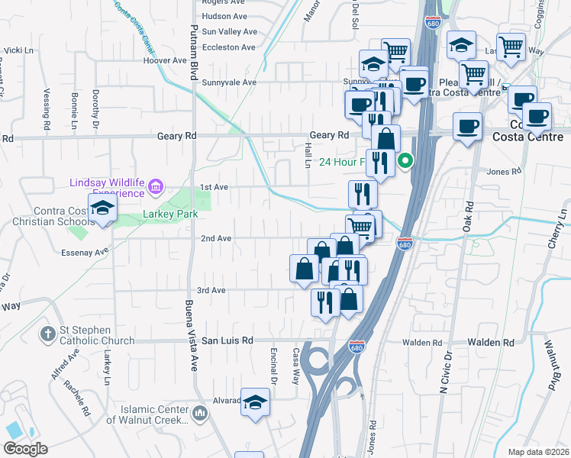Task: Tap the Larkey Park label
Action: (170, 214)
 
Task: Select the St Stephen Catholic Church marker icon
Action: (47, 334)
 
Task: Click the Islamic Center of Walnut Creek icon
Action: (200, 414)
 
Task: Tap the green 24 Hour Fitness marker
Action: (407, 161)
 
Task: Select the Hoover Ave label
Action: (169, 60)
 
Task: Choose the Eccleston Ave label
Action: (229, 47)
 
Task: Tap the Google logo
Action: (25, 449)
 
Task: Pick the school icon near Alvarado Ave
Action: (255, 402)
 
